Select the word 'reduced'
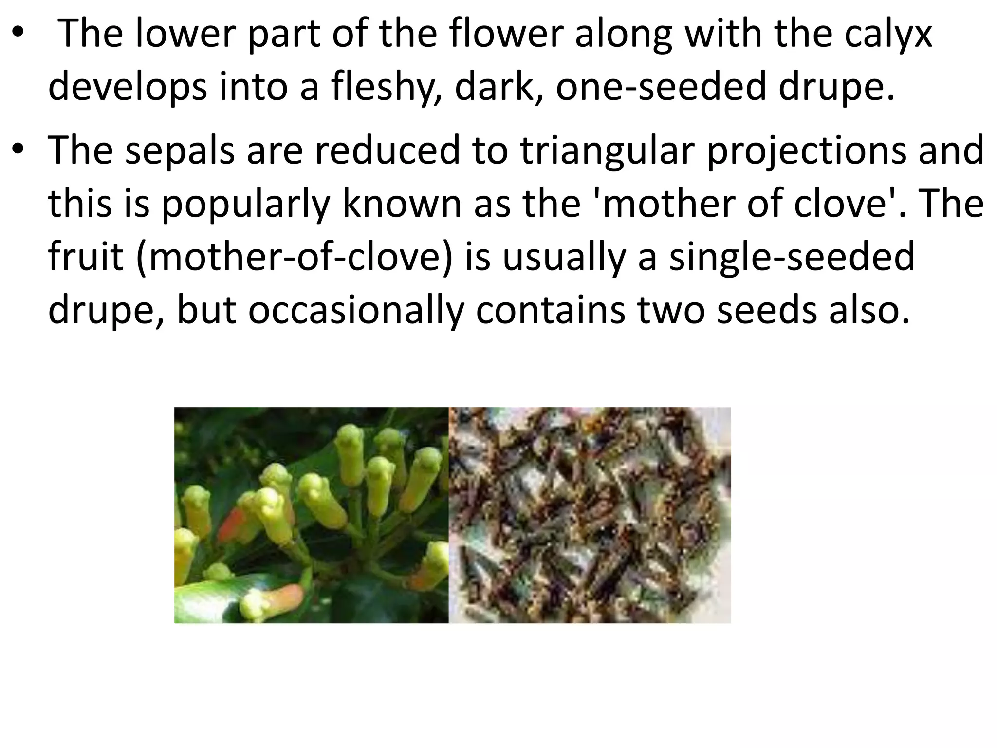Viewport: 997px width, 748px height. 387,150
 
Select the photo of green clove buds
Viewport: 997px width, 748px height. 311,515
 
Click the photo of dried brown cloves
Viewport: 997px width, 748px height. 590,515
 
